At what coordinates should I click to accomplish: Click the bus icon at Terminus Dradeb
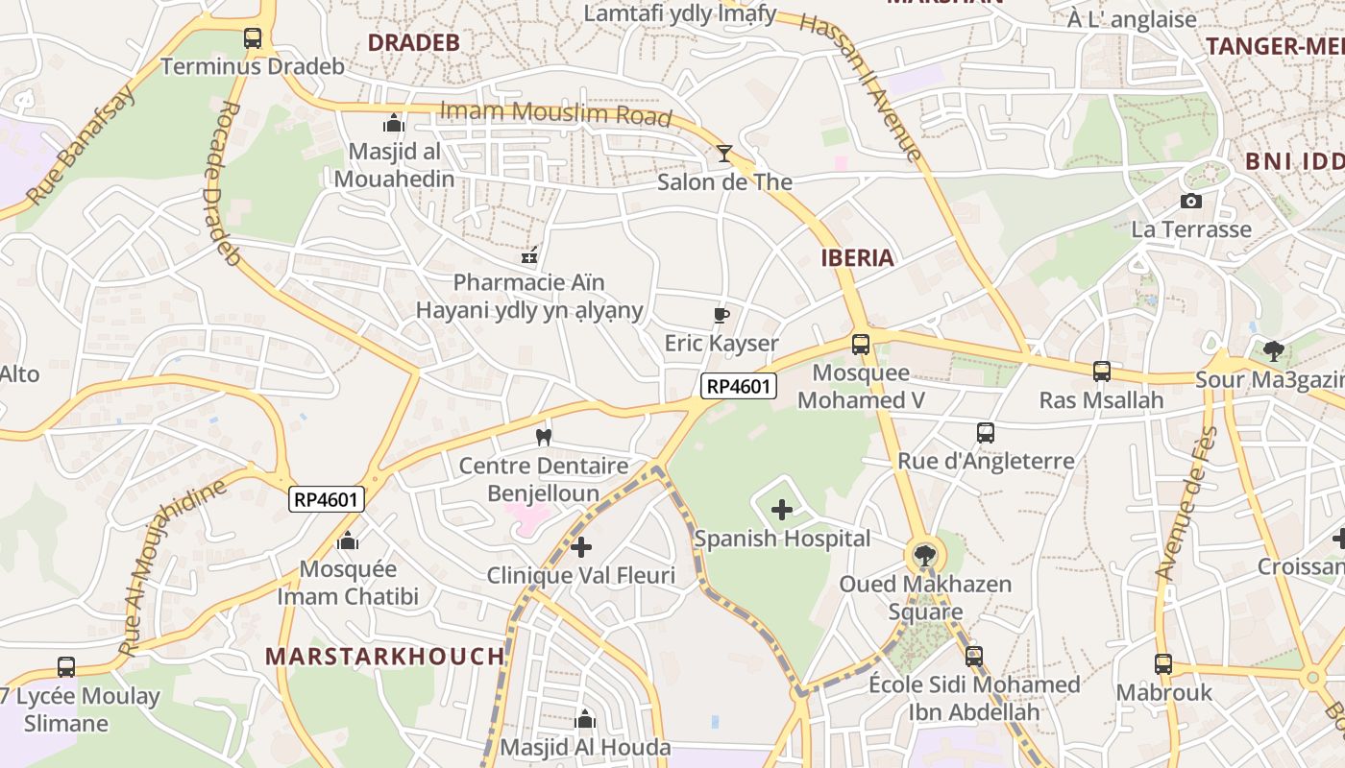tap(253, 38)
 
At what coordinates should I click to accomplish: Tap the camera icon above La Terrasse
tap(1191, 201)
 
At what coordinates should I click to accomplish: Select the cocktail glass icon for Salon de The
tap(724, 154)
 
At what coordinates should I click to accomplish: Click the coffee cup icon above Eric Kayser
tap(721, 315)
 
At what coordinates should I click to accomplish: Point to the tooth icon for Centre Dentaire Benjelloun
tap(543, 438)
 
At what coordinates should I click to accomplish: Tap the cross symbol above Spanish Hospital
tap(782, 510)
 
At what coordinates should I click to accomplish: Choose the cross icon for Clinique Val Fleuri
tap(580, 547)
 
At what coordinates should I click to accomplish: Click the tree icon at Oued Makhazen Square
tap(924, 555)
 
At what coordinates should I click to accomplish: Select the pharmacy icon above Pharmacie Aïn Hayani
tap(528, 255)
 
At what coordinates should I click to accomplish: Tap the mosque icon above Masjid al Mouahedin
tap(393, 123)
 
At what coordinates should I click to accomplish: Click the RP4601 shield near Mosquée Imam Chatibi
tap(327, 499)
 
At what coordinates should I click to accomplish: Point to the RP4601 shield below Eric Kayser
tap(738, 386)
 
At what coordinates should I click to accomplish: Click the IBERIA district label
tap(857, 257)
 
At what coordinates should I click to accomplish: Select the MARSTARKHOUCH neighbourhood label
tap(384, 657)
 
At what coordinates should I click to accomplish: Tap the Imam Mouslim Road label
tap(555, 113)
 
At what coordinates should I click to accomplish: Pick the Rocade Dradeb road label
tap(221, 182)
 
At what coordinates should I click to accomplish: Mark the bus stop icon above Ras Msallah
tap(1101, 372)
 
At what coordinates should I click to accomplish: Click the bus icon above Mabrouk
tap(1162, 663)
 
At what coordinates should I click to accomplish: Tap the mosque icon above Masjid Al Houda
tap(585, 719)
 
